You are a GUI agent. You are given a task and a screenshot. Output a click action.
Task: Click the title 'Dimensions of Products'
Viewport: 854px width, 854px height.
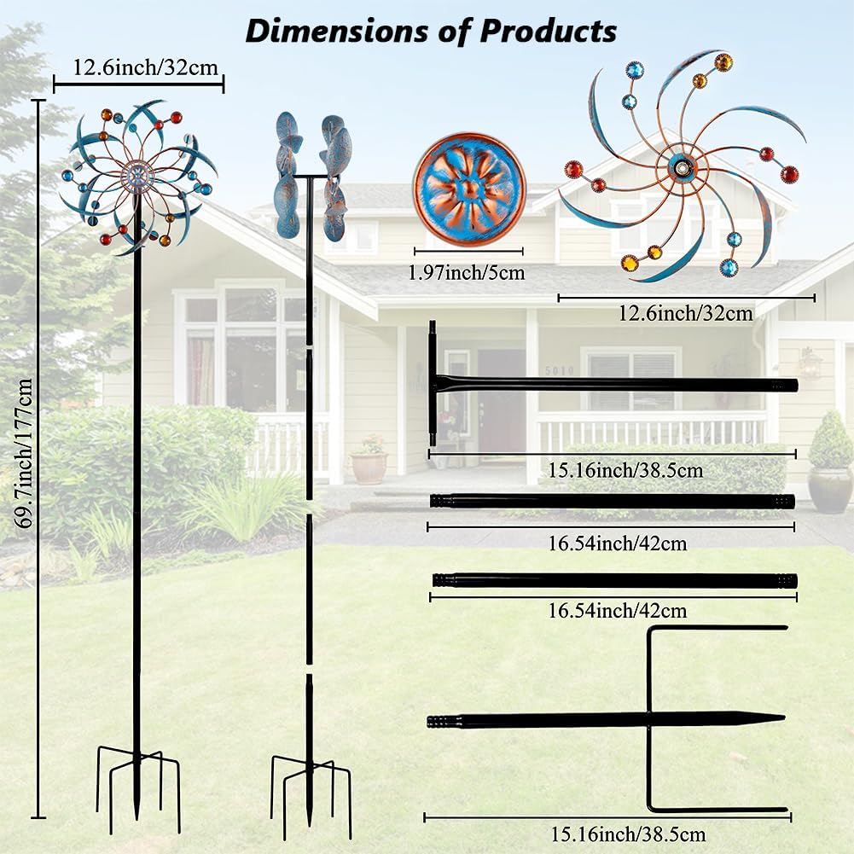[x=430, y=31]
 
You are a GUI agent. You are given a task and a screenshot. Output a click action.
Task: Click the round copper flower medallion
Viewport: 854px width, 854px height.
[x=468, y=189]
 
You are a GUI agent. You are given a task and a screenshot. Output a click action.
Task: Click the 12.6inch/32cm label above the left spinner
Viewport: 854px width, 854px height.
[x=138, y=66]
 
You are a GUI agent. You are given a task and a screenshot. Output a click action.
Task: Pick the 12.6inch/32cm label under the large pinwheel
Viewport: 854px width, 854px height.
[x=686, y=313]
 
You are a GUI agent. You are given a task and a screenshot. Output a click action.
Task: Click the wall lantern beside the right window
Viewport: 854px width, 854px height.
[x=808, y=364]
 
